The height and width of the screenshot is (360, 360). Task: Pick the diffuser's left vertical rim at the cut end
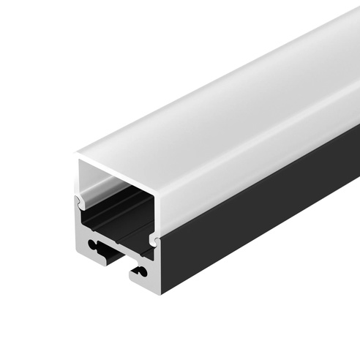point(78,176)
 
